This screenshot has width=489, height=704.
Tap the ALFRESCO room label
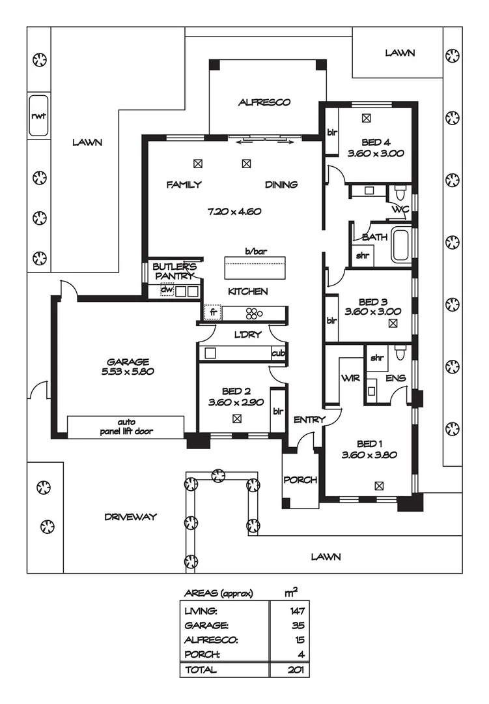[x=264, y=102]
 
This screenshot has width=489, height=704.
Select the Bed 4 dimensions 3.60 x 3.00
[x=376, y=154]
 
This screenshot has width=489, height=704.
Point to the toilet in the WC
[x=400, y=194]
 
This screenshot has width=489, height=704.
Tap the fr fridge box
[x=212, y=313]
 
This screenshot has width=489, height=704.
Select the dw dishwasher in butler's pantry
[x=167, y=291]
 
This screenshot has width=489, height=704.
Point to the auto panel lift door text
[x=127, y=426]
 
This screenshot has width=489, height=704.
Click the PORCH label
[x=300, y=480]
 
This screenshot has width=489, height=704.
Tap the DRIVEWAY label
[x=131, y=517]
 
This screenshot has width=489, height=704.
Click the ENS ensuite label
[x=395, y=378]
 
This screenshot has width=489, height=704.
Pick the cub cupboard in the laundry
[x=278, y=353]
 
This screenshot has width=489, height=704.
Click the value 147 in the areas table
[x=298, y=611]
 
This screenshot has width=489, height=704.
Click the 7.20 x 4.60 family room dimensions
[x=234, y=211]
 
